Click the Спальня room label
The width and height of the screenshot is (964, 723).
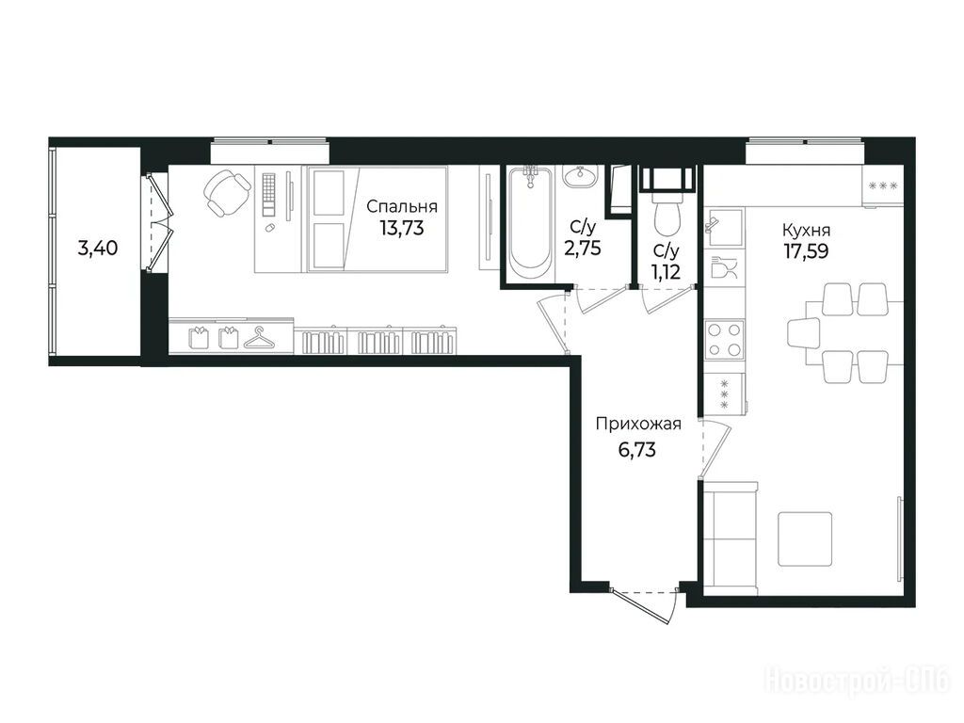point(402,207)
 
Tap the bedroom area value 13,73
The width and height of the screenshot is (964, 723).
point(402,229)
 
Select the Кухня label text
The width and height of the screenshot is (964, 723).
point(806,231)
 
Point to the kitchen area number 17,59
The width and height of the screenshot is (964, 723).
point(806,250)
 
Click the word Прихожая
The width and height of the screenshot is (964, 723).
point(638,425)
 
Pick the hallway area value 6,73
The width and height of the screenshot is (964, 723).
point(637,450)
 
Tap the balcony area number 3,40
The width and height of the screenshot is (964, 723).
point(98,249)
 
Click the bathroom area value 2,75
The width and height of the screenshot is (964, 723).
point(582,248)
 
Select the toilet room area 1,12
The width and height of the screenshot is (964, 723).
point(667,271)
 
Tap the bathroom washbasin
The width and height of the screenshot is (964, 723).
point(579,177)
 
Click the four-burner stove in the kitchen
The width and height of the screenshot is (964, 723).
point(724,339)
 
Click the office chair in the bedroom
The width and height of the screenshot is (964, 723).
point(226,193)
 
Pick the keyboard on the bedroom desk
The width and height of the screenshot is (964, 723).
point(269,194)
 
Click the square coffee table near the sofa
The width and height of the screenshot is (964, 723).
point(806,539)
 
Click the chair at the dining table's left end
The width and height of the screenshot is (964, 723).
point(804,333)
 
